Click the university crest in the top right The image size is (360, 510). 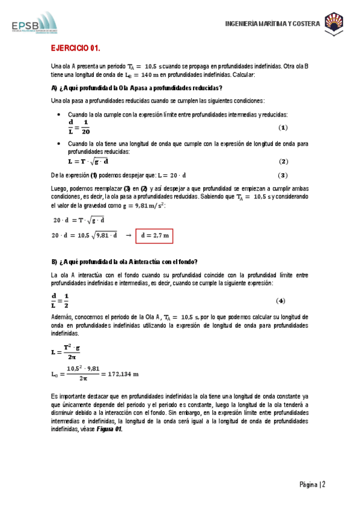point(334,23)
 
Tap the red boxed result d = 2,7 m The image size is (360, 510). point(154,236)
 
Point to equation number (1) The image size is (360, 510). point(284,128)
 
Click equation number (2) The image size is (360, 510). point(284,162)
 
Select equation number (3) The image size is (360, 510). point(284,175)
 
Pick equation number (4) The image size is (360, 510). point(280,301)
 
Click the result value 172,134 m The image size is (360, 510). point(123,373)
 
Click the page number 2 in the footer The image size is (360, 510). point(323,485)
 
